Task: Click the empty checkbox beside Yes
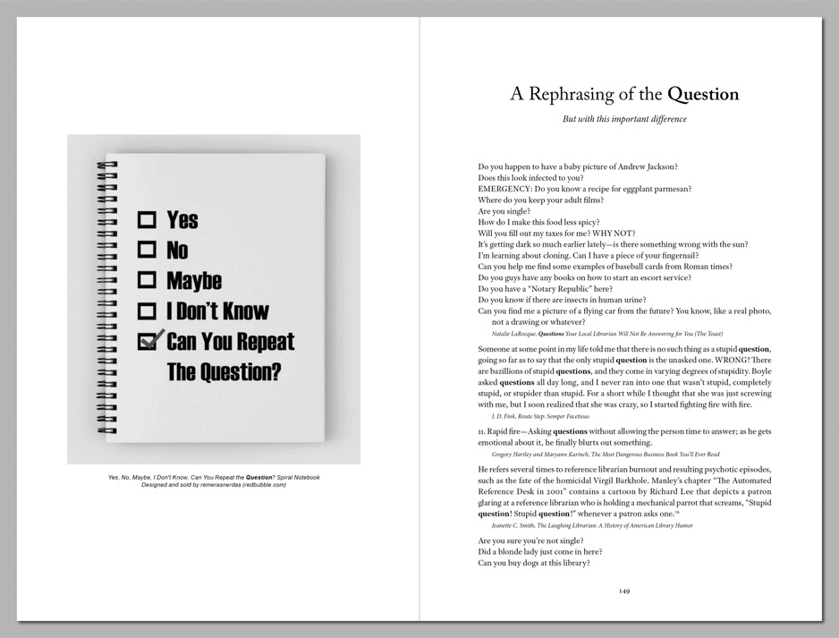pos(147,219)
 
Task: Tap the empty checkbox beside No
pos(147,250)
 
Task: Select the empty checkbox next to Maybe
pos(147,280)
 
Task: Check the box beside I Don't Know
pos(147,311)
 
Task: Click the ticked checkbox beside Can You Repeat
pos(148,341)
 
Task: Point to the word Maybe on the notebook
pos(194,281)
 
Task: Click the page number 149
pos(624,590)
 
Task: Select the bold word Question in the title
pos(703,94)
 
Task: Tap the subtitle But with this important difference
pos(624,119)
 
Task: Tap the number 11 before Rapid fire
pos(481,431)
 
